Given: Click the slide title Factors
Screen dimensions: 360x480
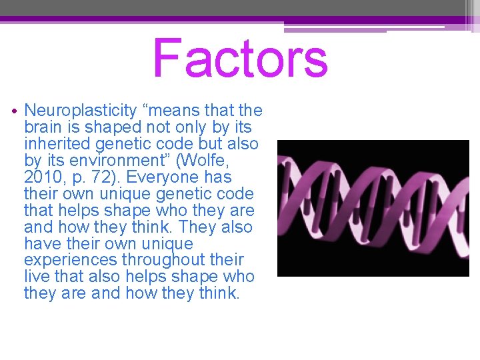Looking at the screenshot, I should coord(240,59).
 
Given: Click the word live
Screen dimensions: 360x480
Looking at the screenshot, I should coord(35,277).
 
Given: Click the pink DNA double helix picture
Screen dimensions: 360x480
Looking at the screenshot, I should coord(373,208).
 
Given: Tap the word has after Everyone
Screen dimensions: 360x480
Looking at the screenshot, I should coord(219,177).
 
